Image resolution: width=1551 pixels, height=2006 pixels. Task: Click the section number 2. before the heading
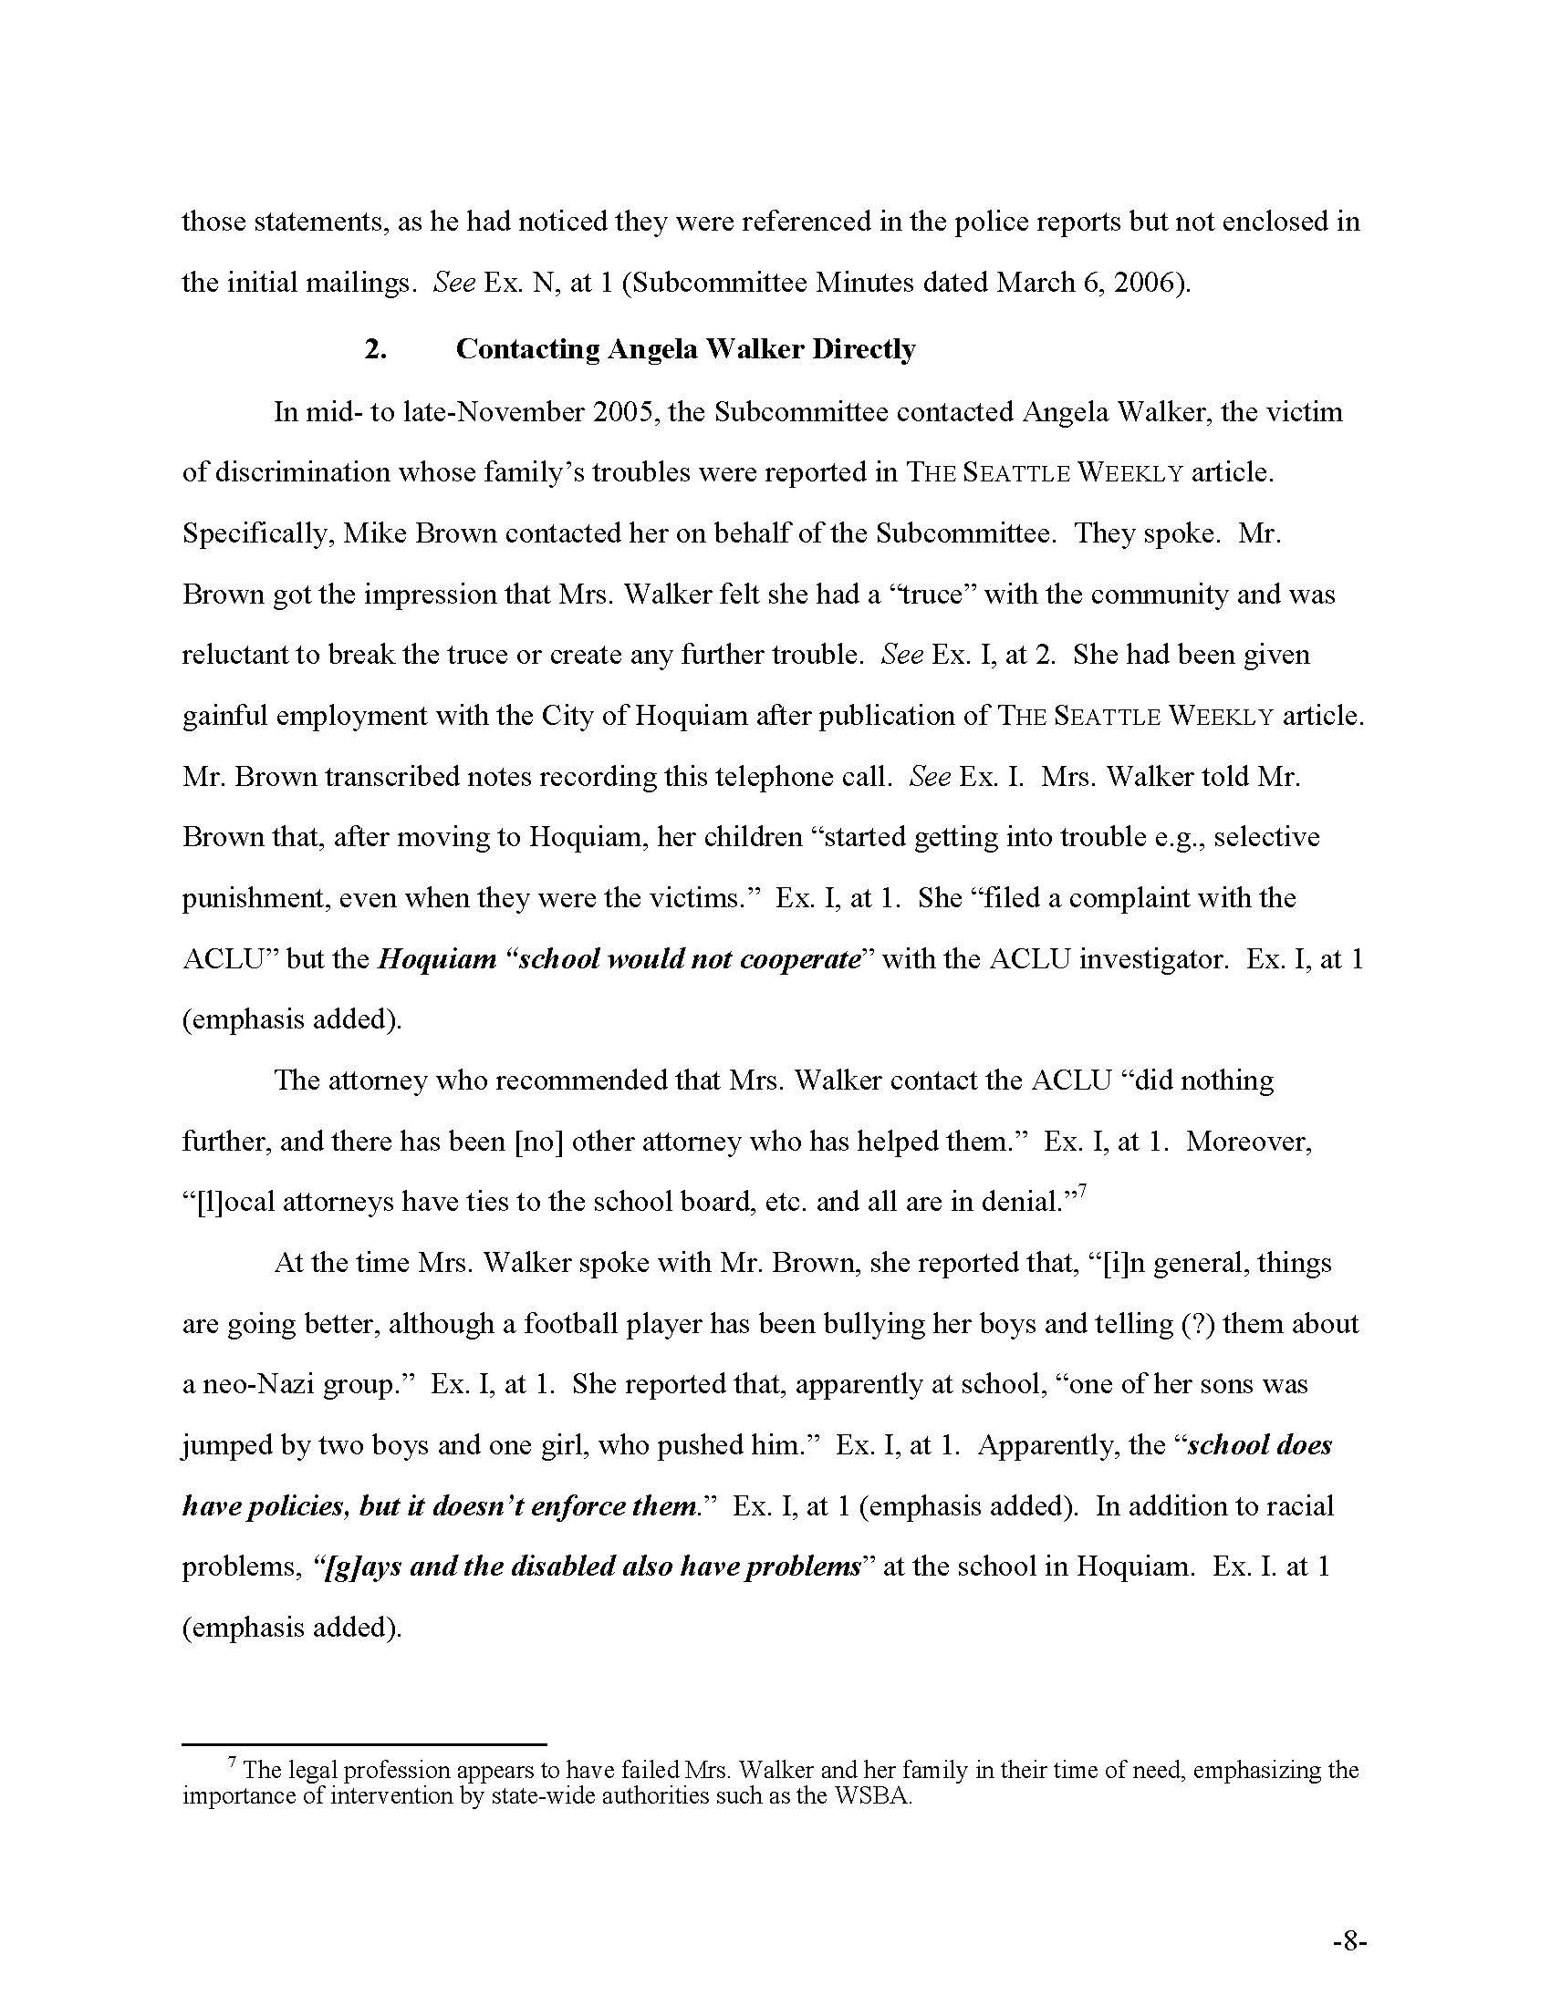click(375, 349)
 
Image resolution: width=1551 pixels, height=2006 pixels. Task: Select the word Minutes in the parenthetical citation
click(870, 282)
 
